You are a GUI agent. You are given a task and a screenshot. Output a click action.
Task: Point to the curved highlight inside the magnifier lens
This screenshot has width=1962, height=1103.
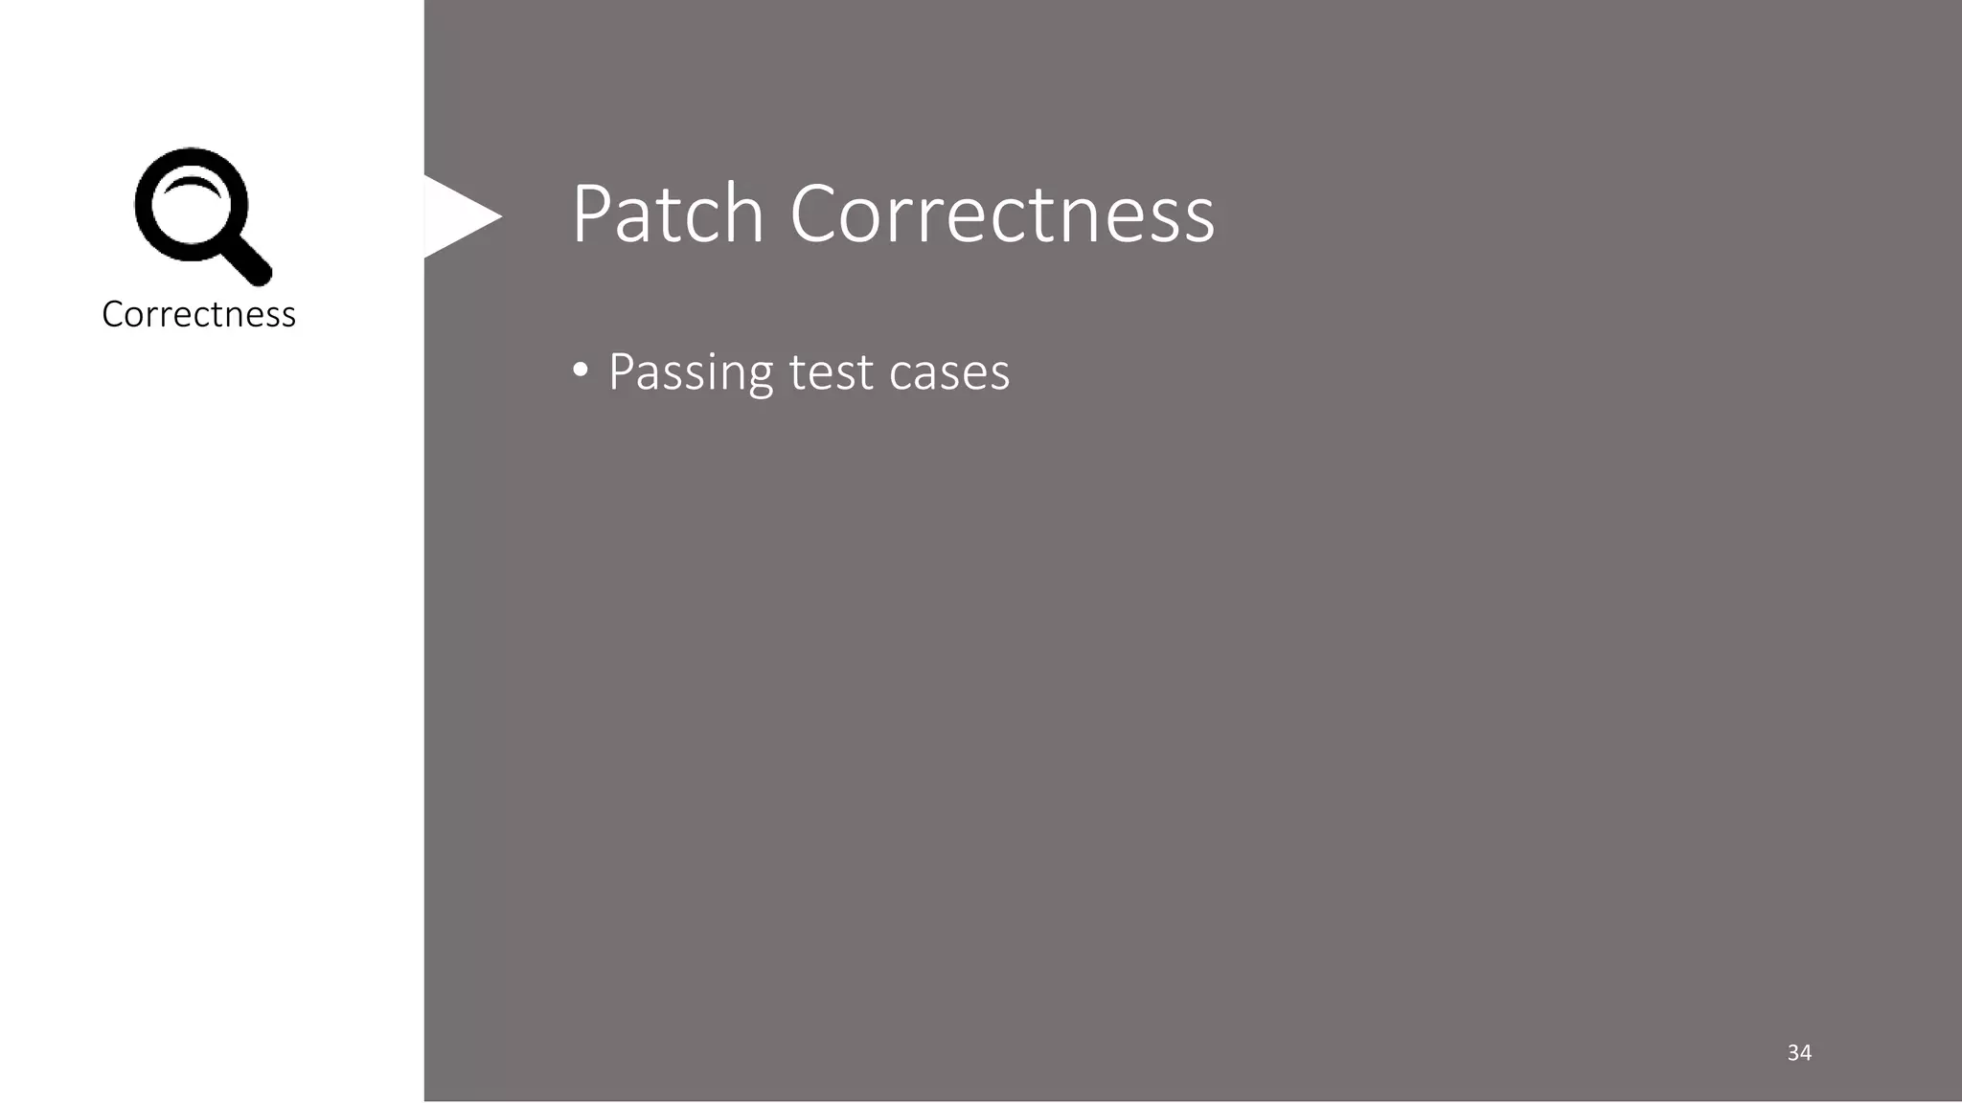(193, 185)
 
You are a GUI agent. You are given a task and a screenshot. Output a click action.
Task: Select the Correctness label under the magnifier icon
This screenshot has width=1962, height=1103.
(198, 314)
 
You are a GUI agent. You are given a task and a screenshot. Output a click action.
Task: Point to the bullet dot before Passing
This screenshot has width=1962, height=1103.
(580, 371)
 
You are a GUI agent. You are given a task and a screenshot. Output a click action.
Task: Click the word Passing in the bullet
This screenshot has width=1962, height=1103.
(690, 372)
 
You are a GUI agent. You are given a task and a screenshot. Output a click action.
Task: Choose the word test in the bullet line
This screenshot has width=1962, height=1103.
(831, 372)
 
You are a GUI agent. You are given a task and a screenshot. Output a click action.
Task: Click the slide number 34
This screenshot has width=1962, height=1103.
(1799, 1052)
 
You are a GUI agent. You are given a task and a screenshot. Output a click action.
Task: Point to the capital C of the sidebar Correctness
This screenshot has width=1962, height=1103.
(113, 314)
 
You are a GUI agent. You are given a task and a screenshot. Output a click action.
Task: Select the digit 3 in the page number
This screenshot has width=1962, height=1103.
(1792, 1052)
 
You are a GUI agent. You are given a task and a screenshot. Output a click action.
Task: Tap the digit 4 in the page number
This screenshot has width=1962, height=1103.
(1806, 1052)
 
